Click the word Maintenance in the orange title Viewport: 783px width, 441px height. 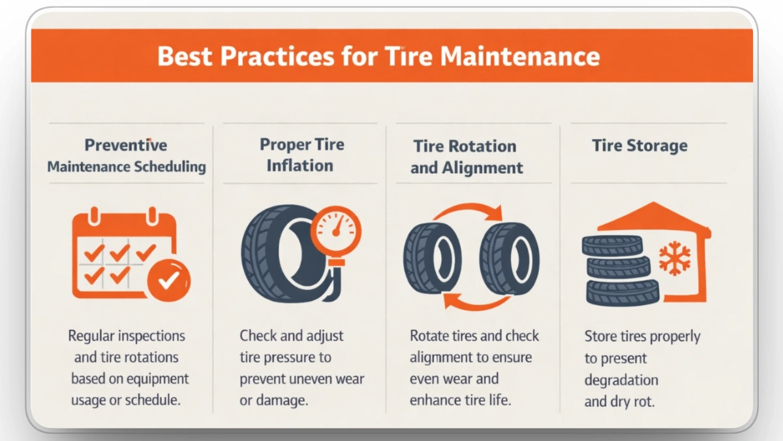(519, 57)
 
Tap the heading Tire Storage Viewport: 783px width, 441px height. (639, 145)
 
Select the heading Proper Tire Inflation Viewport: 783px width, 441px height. (299, 154)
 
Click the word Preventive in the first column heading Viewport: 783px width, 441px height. (126, 145)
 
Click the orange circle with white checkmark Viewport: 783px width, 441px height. (168, 280)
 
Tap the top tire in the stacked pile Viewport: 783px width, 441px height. (611, 245)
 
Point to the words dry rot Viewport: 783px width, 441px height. (630, 402)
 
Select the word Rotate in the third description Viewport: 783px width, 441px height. (427, 336)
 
